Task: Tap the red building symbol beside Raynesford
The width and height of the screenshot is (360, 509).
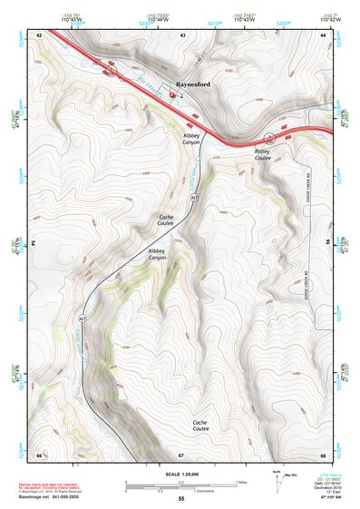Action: (x=171, y=93)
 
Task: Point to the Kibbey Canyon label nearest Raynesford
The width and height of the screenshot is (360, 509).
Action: (x=190, y=138)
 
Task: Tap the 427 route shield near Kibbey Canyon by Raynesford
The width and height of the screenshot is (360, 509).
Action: (x=194, y=196)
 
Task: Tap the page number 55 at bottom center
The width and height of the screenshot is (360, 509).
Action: (x=181, y=499)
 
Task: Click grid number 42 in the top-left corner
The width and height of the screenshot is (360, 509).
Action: (x=39, y=34)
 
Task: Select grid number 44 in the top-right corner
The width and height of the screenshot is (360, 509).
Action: (x=323, y=34)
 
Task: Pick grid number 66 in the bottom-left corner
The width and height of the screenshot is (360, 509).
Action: (x=39, y=454)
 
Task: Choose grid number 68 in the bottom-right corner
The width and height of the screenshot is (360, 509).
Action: (x=323, y=454)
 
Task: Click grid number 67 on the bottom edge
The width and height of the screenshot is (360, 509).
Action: (x=181, y=454)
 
